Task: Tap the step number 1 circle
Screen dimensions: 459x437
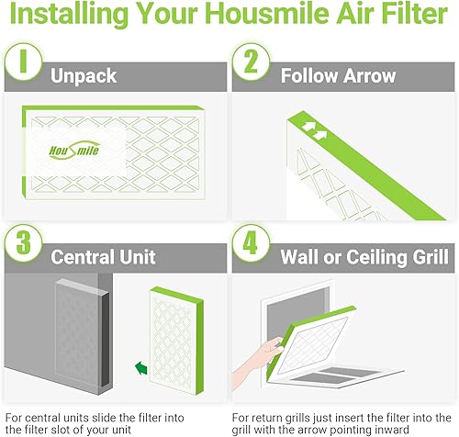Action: tap(24, 62)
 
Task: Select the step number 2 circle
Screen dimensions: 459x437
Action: tap(251, 62)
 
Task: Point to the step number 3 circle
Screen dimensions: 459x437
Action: tap(24, 242)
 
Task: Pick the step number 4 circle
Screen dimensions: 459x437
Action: tap(251, 242)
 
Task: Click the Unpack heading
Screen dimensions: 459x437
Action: tap(84, 76)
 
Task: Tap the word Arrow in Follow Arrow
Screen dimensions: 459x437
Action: tap(370, 75)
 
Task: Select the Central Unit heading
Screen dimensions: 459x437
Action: tap(103, 257)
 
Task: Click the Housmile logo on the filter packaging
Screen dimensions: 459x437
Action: tap(74, 151)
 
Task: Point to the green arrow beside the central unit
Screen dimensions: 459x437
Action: tap(141, 367)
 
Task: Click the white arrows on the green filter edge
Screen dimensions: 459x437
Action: tap(315, 130)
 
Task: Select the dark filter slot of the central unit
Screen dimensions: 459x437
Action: tap(105, 340)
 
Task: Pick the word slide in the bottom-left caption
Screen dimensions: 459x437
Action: tap(105, 418)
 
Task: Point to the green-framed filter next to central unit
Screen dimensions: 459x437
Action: tap(176, 341)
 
